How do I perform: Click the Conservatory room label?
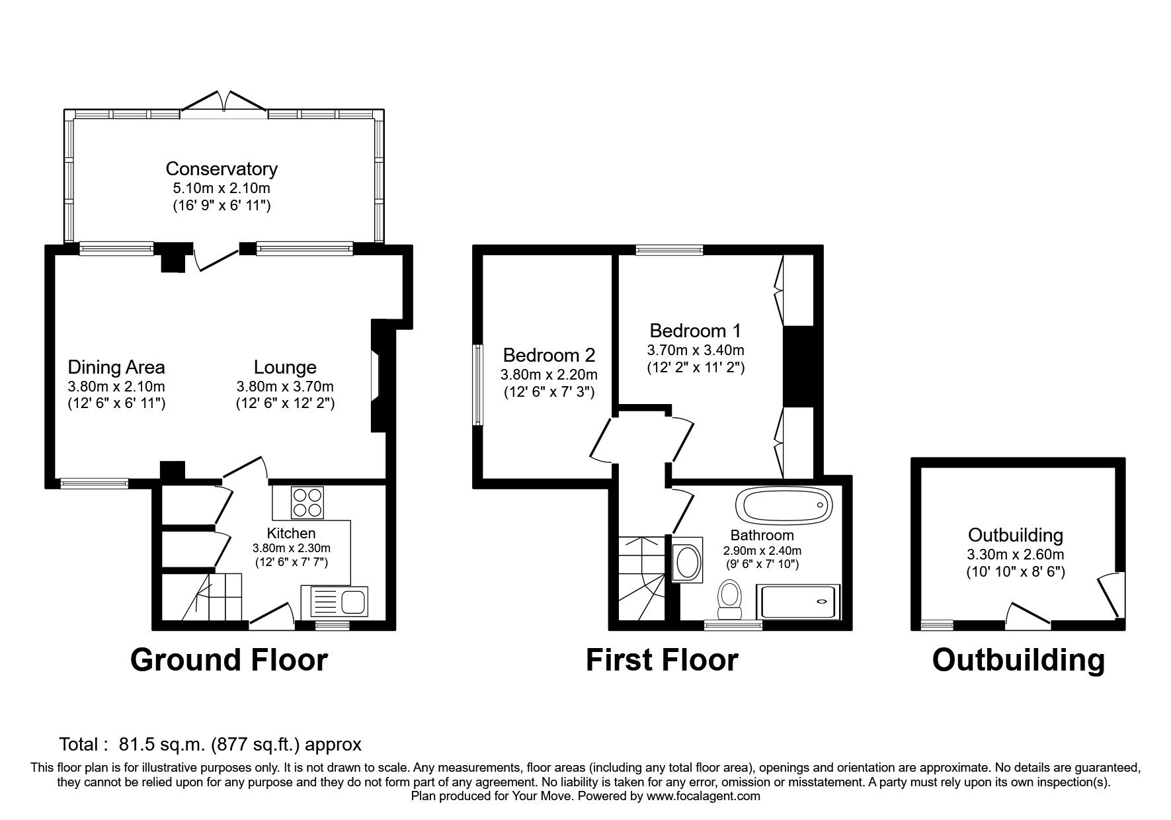222,169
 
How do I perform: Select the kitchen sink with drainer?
337,602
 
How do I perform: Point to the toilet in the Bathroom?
730,595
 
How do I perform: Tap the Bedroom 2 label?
549,355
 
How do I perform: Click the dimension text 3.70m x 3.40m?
696,350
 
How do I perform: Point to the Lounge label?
285,367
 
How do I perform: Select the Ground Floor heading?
229,660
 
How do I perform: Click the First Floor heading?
662,660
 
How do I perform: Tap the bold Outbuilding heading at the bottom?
1018,660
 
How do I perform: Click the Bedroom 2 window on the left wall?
477,384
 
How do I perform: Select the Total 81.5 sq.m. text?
210,745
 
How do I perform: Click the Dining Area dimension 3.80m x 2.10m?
116,386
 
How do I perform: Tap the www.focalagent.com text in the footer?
703,796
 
